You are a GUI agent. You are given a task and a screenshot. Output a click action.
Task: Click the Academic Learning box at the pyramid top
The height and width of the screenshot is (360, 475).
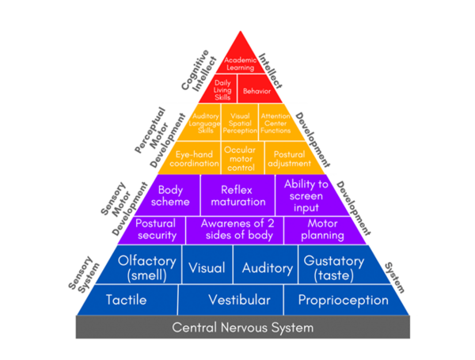pyautogui.click(x=239, y=63)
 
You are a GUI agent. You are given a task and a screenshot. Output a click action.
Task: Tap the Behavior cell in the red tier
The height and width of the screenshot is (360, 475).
pyautogui.click(x=256, y=91)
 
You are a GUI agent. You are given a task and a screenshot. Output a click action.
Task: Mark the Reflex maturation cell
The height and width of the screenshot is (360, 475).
pyautogui.click(x=237, y=195)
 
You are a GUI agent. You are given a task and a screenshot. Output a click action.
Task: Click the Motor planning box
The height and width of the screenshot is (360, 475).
pyautogui.click(x=315, y=229)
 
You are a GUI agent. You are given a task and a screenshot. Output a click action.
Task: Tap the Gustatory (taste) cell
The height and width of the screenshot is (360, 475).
pyautogui.click(x=333, y=267)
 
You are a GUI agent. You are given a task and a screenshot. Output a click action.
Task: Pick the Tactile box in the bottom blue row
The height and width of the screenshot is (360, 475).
pyautogui.click(x=127, y=301)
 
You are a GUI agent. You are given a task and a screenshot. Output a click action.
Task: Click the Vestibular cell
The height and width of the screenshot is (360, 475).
pyautogui.click(x=238, y=301)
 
